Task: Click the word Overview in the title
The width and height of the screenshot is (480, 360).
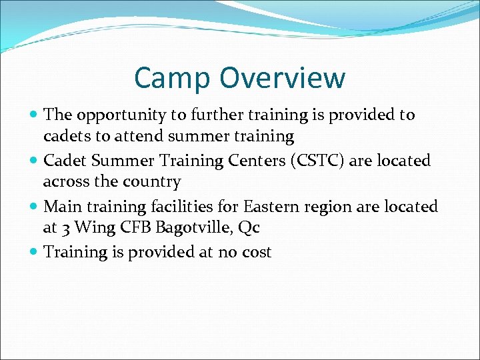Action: coord(283,78)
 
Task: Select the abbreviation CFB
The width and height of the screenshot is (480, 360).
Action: coord(133,227)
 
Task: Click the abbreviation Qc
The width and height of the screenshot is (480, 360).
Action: coord(249,228)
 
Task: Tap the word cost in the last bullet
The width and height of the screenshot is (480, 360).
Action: coord(255,253)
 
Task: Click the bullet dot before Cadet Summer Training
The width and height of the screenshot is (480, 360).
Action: coord(35,161)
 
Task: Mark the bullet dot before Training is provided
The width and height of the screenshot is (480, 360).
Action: coord(35,252)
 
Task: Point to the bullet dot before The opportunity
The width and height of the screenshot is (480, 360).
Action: coord(35,115)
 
